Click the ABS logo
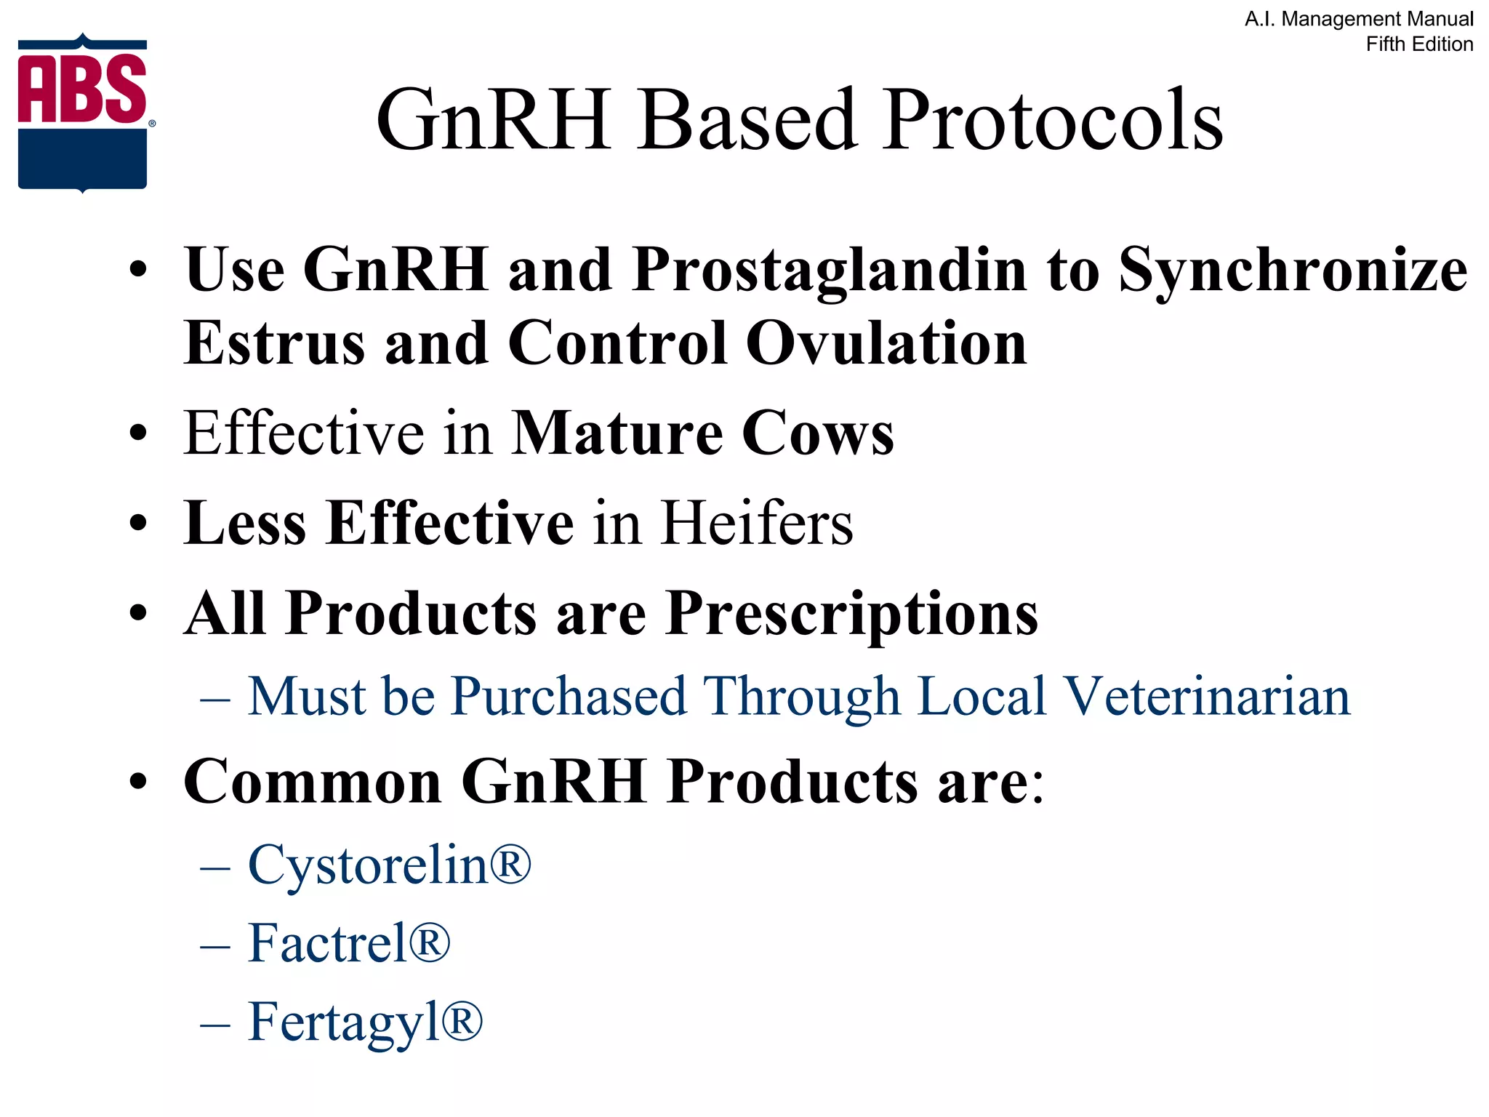tap(83, 113)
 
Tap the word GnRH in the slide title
tap(494, 120)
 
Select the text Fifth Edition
tap(1418, 44)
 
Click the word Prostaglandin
tap(830, 271)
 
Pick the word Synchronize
tap(1292, 271)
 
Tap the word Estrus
tap(274, 343)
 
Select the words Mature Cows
tap(702, 433)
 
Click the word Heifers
tap(757, 523)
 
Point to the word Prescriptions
tap(851, 614)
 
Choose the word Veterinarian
tap(1206, 697)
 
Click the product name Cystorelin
tap(368, 865)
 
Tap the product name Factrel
tap(327, 943)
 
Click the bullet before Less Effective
tap(138, 523)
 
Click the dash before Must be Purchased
tap(215, 700)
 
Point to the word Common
tap(313, 782)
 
